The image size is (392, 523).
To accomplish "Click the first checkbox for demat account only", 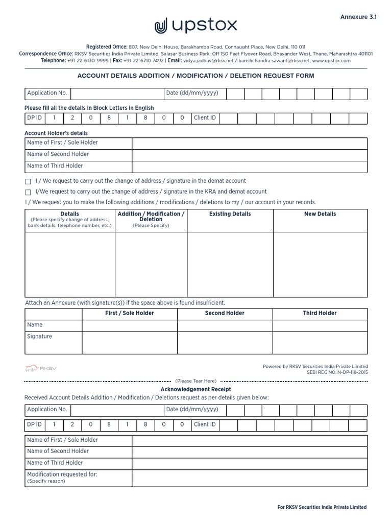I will (28, 181).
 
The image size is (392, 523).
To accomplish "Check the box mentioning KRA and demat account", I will (28, 192).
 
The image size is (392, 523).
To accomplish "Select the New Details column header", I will (320, 214).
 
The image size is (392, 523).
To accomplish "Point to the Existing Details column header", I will (230, 214).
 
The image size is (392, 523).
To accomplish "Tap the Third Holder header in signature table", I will (320, 313).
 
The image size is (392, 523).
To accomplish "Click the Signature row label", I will (39, 337).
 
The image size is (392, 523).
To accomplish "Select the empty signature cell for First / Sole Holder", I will (129, 342).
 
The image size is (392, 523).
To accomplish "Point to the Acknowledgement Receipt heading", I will (196, 390).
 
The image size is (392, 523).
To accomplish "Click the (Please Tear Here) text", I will (196, 381).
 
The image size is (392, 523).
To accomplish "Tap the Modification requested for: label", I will (62, 474).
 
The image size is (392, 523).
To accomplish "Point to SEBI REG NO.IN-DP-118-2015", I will (337, 372).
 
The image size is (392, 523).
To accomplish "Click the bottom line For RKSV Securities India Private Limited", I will (322, 507).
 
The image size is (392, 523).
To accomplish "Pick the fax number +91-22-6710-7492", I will (144, 61).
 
